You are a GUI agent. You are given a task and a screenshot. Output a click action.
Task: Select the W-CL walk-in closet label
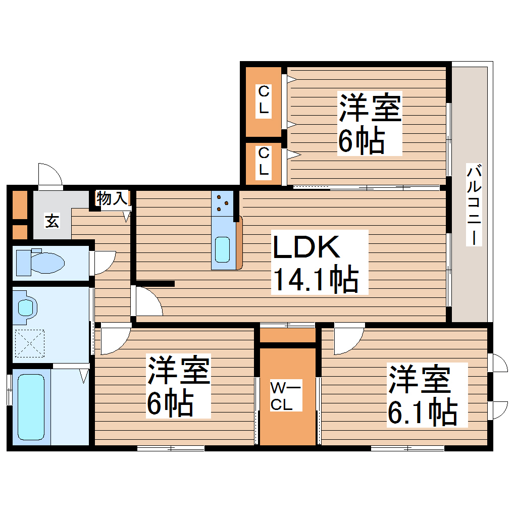click(285, 396)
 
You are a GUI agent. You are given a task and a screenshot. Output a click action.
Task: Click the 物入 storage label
click(112, 198)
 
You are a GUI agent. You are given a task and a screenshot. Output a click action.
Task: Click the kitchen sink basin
click(222, 249)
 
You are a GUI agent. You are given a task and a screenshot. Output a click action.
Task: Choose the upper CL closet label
click(264, 100)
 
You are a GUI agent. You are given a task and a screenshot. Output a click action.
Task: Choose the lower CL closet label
click(264, 161)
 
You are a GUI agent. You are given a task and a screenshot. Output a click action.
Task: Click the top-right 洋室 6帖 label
click(369, 124)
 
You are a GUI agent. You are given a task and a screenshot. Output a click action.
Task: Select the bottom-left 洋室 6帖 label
click(178, 386)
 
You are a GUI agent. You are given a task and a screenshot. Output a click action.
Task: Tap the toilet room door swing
click(104, 262)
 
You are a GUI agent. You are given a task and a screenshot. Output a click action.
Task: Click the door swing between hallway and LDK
click(147, 303)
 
